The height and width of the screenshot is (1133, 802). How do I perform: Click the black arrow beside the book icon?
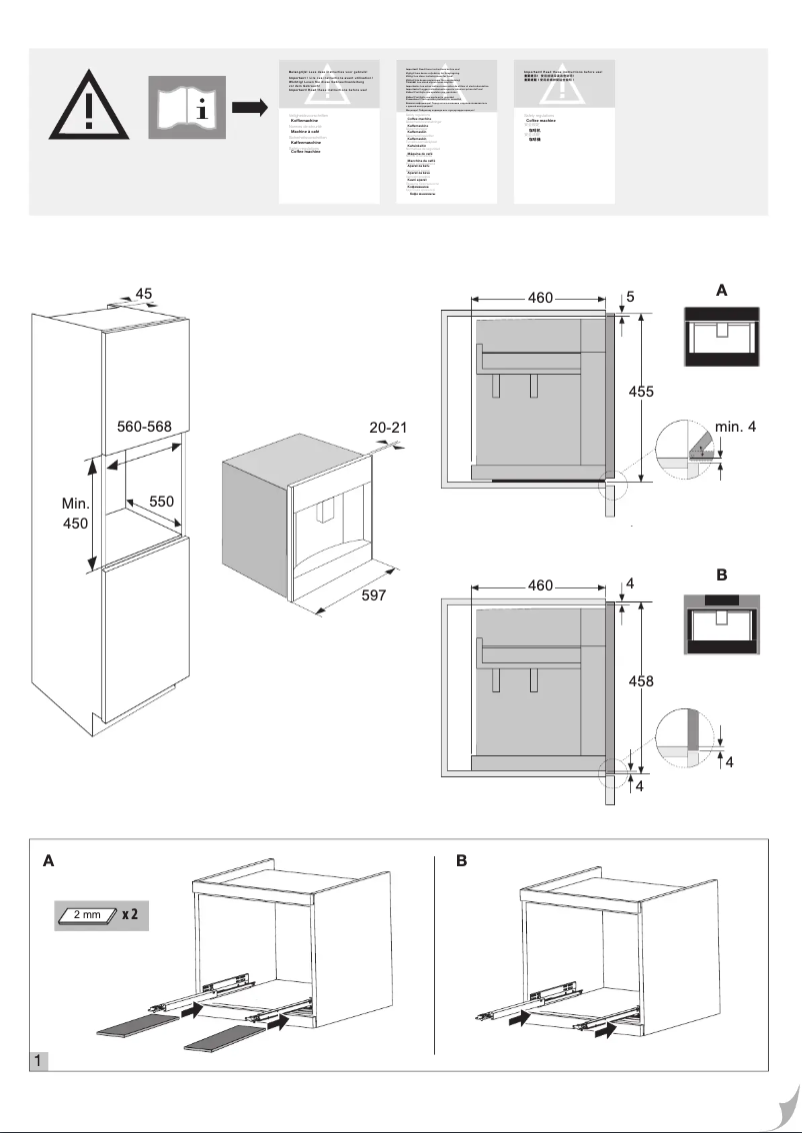(x=251, y=106)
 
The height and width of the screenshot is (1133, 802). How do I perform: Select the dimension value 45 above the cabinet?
(x=144, y=294)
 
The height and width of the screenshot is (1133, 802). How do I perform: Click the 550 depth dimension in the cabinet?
(x=162, y=502)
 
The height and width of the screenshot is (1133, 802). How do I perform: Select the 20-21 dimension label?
(x=389, y=427)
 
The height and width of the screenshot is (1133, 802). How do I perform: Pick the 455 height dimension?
(x=641, y=393)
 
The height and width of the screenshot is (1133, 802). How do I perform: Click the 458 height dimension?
(x=641, y=681)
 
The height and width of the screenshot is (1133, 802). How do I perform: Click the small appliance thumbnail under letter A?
(x=720, y=337)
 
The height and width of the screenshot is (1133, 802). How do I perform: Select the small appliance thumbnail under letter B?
(x=720, y=624)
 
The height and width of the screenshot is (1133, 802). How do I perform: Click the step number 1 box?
(x=39, y=1060)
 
